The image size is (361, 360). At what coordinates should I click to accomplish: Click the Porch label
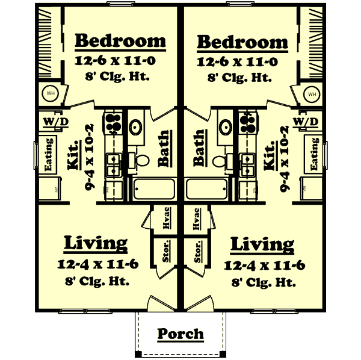click(x=180, y=333)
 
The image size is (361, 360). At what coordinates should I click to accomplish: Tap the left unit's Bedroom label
click(x=120, y=42)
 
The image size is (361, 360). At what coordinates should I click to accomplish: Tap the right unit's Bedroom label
click(x=242, y=42)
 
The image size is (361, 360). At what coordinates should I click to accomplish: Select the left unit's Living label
click(x=96, y=243)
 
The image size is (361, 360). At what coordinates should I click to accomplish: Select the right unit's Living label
click(x=262, y=244)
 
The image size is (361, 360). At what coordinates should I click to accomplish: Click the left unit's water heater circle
click(x=50, y=94)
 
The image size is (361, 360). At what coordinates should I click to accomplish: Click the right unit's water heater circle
click(x=312, y=94)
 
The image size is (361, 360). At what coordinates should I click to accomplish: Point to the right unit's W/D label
click(x=306, y=122)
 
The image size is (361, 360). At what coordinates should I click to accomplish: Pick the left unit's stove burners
click(x=113, y=123)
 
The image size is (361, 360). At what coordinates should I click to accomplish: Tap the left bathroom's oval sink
click(x=137, y=127)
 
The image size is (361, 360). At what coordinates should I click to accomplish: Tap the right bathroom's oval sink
click(x=225, y=127)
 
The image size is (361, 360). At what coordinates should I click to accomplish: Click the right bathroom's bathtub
click(x=208, y=190)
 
